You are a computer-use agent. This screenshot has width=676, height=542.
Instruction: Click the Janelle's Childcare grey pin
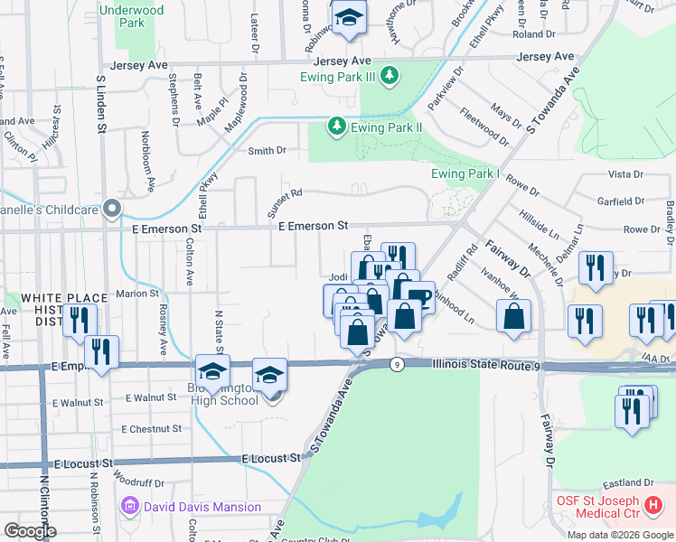[112, 210]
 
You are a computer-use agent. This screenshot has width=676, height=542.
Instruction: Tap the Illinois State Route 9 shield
[397, 364]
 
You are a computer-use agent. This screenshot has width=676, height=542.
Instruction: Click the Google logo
[30, 531]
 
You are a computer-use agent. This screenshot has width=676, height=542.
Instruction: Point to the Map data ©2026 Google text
[620, 534]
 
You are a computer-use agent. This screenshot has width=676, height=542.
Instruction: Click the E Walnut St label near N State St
[151, 397]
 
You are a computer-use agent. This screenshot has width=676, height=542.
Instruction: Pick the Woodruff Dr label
[139, 482]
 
